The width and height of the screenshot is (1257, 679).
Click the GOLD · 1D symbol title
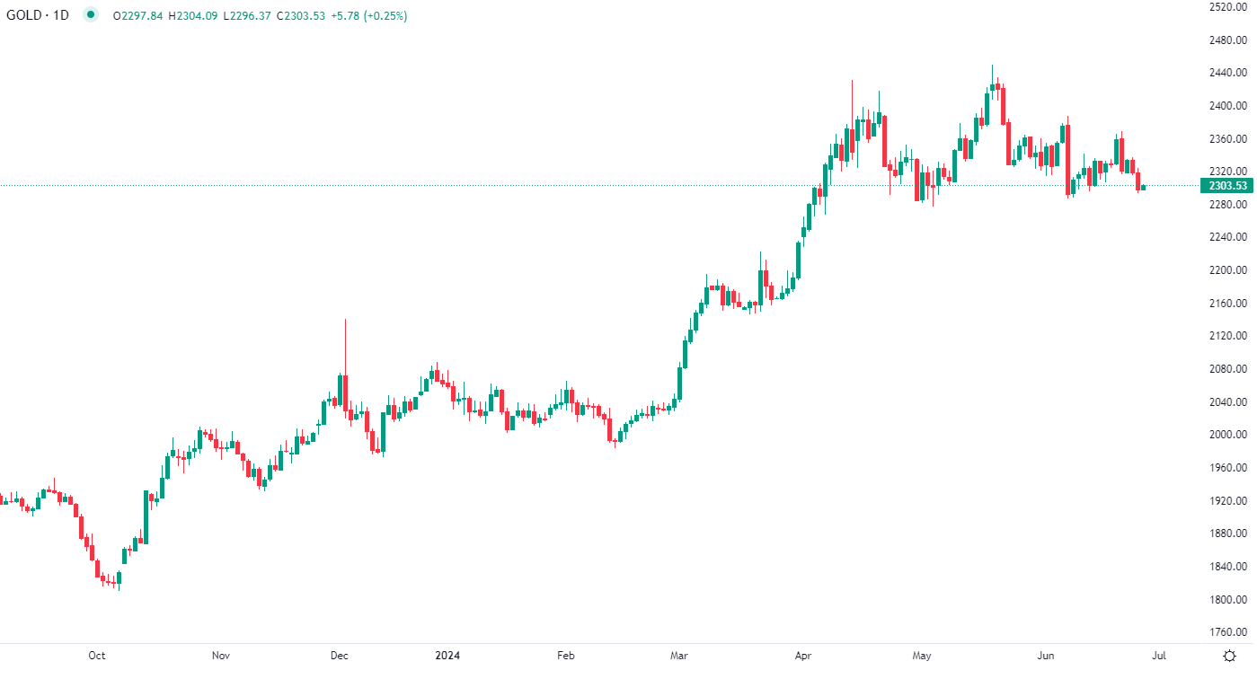[x=37, y=15]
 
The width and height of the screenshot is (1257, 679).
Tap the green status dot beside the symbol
[x=90, y=15]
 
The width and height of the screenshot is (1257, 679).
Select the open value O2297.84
[x=137, y=15]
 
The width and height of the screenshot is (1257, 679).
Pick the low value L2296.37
[x=251, y=15]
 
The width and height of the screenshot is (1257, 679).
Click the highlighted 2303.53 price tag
[x=1228, y=186]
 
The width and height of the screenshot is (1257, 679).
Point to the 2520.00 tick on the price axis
[x=1228, y=7]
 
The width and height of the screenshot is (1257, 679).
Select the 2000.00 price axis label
[x=1228, y=435]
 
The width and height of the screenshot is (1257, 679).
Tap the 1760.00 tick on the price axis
[x=1228, y=632]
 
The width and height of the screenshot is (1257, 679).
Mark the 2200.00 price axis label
[x=1228, y=270]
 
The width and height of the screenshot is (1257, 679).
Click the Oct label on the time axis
[x=97, y=656]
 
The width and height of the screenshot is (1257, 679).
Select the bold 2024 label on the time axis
[x=447, y=656]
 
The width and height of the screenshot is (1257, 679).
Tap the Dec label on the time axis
[x=339, y=656]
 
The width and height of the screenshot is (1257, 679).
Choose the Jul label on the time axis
[x=1159, y=656]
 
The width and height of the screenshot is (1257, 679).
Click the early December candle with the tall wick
[x=344, y=386]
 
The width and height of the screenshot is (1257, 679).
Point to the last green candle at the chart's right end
[x=1143, y=187]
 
